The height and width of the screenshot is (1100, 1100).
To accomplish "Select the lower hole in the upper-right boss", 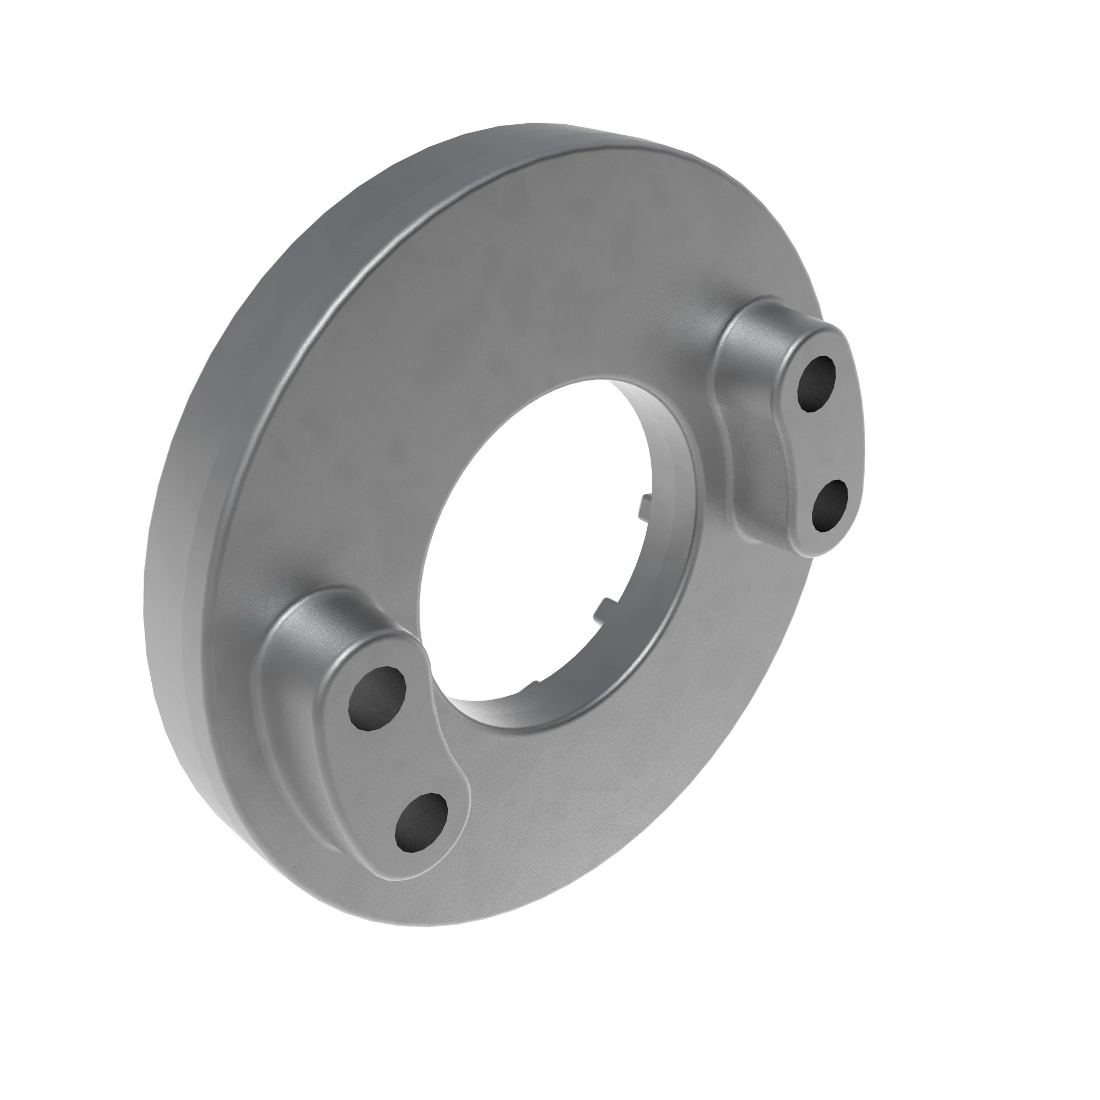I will (828, 505).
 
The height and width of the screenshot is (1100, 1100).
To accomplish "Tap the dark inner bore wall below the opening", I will (513, 712).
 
